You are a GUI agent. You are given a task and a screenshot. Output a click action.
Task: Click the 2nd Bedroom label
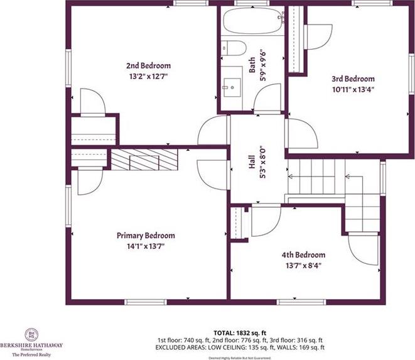[148, 65]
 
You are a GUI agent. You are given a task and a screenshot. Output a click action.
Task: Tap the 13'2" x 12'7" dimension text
[148, 77]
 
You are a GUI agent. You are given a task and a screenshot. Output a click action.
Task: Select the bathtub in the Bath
[252, 21]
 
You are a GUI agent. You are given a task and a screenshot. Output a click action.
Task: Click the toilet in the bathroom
[234, 48]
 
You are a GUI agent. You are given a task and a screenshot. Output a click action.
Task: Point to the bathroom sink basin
[232, 87]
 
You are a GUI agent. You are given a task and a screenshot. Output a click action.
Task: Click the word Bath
[252, 65]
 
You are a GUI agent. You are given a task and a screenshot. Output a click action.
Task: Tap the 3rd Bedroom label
[353, 79]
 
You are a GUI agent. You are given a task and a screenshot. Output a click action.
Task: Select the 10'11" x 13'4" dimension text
[353, 90]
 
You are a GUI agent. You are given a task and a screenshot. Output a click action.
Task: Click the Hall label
[252, 162]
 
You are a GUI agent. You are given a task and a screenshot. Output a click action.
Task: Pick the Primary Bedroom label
[146, 236]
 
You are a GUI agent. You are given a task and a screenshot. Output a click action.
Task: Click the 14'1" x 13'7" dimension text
[146, 246]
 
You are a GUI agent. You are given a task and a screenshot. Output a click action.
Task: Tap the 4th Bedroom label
[303, 255]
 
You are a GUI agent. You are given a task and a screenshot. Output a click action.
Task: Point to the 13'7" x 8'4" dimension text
[303, 265]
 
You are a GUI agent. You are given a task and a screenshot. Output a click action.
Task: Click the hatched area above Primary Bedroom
[144, 160]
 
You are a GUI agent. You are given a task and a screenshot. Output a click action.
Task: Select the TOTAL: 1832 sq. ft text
[240, 333]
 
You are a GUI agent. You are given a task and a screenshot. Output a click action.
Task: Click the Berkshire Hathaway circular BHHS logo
[31, 335]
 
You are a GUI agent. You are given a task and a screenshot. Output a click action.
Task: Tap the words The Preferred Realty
[31, 354]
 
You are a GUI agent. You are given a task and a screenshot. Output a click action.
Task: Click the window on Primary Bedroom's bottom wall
[146, 302]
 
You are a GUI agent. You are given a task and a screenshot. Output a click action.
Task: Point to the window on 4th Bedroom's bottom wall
[301, 302]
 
